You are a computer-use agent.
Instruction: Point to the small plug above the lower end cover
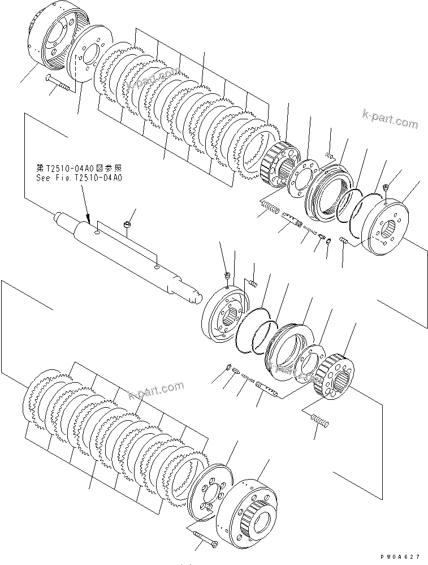227,275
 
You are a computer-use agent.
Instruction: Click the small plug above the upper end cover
386,187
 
